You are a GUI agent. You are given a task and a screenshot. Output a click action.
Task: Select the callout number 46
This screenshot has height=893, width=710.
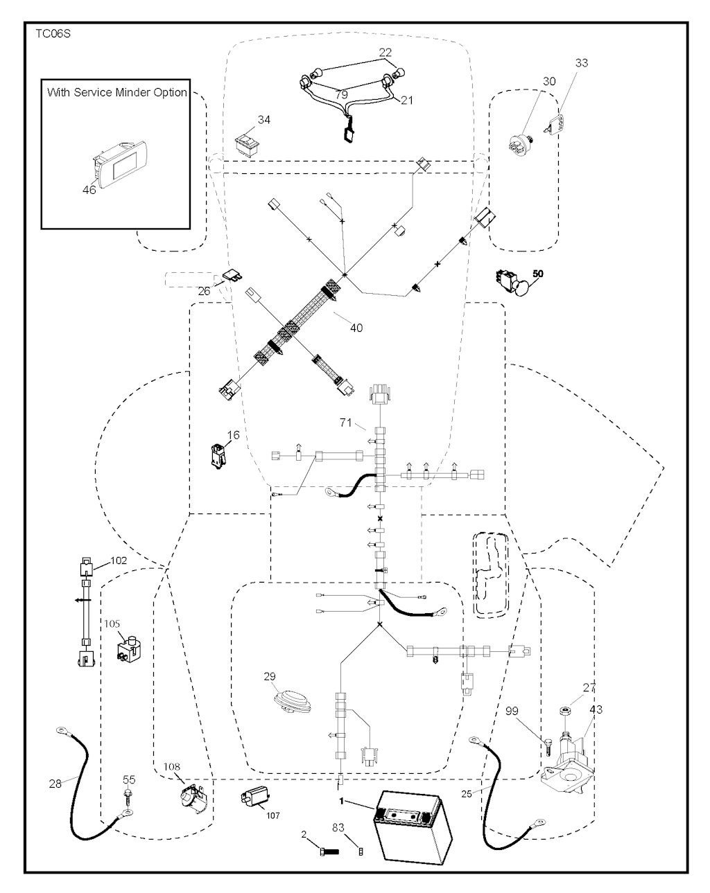point(89,190)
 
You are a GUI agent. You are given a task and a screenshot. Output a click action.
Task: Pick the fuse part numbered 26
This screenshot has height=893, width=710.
point(233,275)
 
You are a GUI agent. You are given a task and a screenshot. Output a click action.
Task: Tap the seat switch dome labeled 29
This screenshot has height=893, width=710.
point(293,701)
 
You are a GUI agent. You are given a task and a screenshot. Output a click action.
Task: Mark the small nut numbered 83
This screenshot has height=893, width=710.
point(361,852)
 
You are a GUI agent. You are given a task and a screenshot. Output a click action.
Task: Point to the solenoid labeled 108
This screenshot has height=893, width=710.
point(193,797)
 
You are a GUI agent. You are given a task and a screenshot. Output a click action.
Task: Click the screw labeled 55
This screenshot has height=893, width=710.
point(128,797)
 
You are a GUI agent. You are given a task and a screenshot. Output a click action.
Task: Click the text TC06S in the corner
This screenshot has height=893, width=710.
point(53,34)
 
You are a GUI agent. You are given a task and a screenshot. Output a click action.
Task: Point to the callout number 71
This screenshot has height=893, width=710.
point(346,423)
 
